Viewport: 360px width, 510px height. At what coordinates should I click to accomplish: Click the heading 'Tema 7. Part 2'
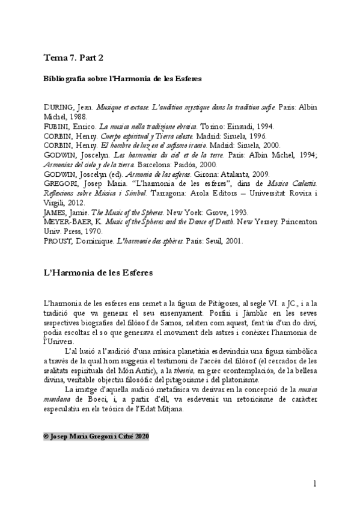[x=74, y=58]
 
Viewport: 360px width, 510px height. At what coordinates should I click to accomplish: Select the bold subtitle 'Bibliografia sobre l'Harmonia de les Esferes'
[x=122, y=79]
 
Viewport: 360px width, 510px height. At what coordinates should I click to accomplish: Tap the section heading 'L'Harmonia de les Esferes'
[x=99, y=272]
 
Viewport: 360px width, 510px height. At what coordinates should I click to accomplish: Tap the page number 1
[x=314, y=484]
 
